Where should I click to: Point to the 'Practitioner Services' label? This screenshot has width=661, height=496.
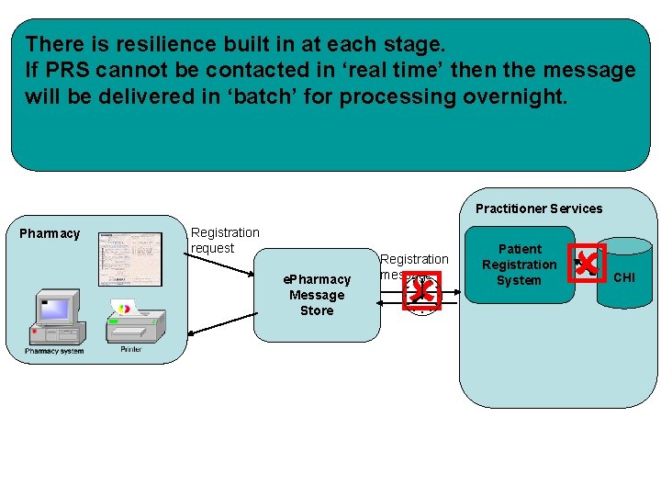(539, 209)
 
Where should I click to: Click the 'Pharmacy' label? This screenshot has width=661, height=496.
(50, 233)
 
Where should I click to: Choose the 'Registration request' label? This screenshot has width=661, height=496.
(225, 240)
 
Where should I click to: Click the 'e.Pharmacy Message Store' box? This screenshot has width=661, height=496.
(317, 295)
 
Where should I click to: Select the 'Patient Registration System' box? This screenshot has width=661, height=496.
(520, 265)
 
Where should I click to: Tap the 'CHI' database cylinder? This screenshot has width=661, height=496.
(623, 276)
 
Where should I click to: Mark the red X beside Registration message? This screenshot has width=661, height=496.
(422, 291)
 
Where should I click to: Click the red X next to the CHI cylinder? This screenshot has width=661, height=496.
(587, 264)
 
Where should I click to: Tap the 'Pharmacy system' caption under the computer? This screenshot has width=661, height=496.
(54, 351)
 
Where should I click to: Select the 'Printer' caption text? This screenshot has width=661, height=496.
(130, 350)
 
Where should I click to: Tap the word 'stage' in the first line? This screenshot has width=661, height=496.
(409, 43)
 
